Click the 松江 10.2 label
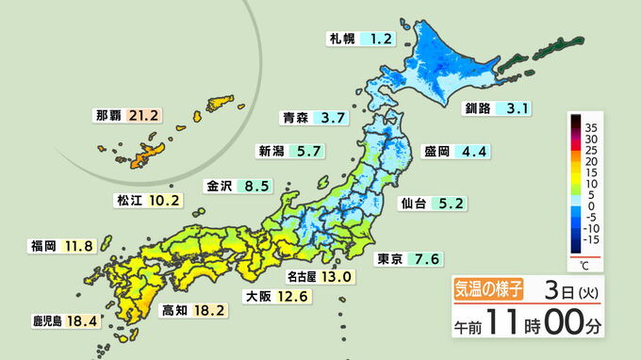pyautogui.click(x=148, y=201)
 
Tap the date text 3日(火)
pyautogui.click(x=571, y=289)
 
